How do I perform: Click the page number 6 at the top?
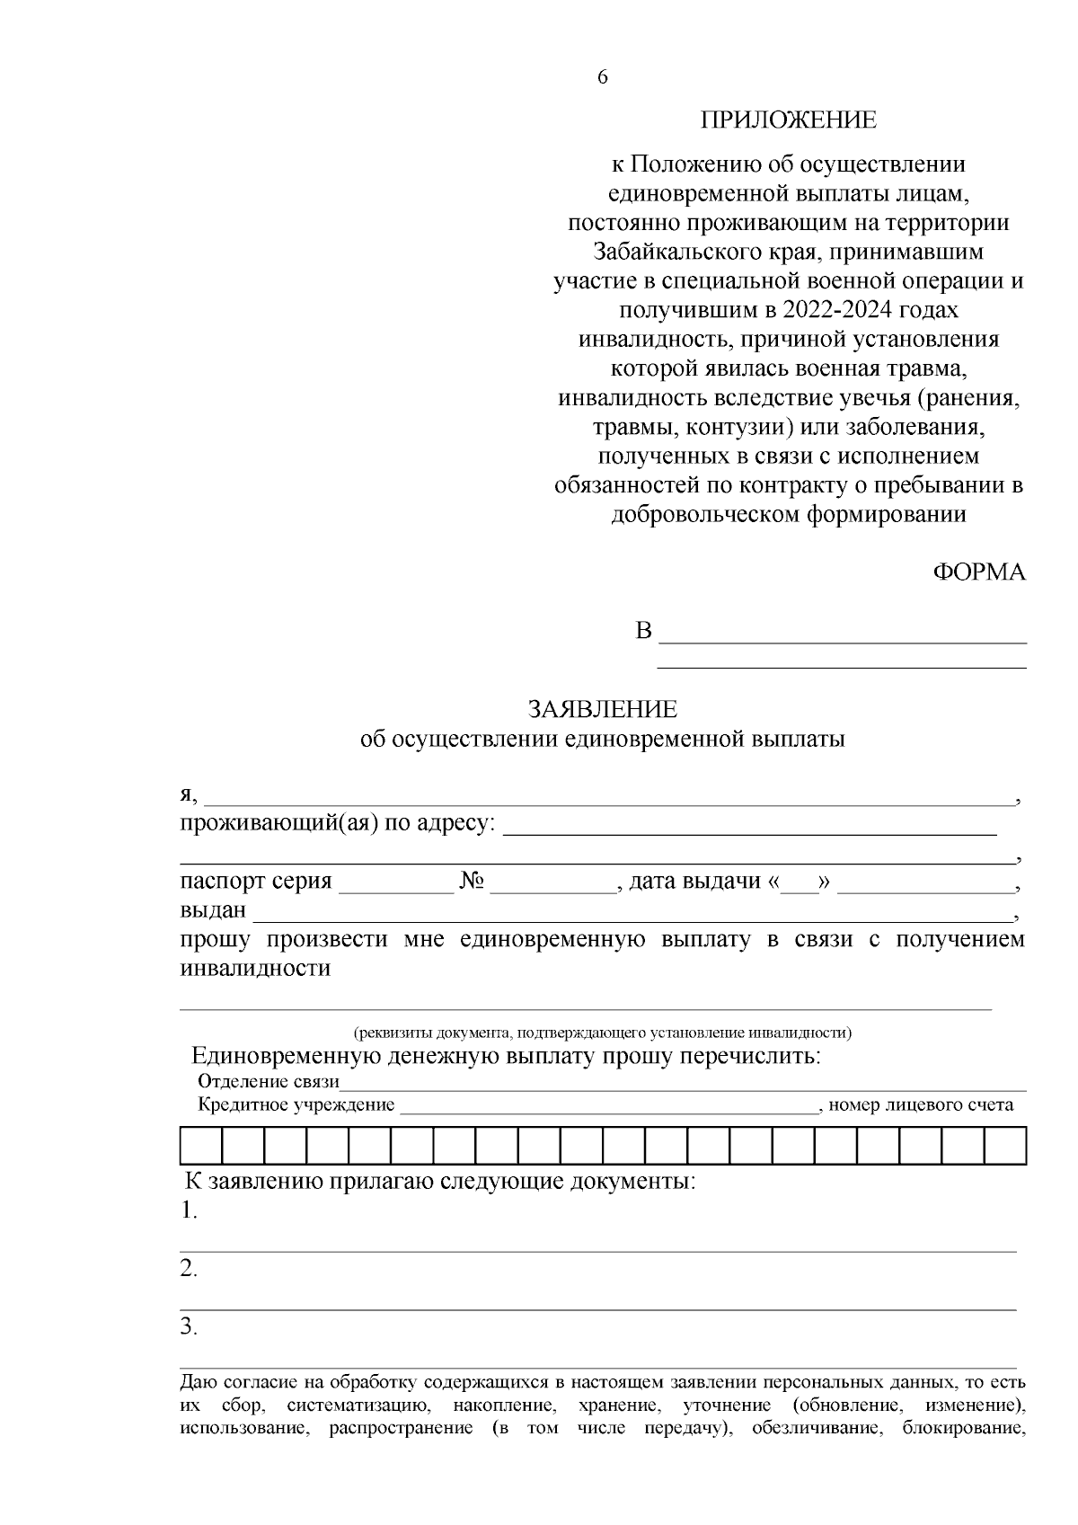tap(602, 78)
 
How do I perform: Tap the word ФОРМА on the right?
tap(979, 572)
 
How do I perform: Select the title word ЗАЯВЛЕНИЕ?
tap(602, 710)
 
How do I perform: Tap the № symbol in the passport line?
tap(472, 882)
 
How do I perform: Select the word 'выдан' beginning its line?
tap(213, 910)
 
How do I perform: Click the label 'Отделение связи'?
tap(269, 1081)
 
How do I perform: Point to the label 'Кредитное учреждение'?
tap(296, 1104)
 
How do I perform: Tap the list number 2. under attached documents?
tap(189, 1269)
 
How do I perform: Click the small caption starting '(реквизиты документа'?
tap(602, 1033)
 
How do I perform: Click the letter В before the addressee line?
tap(643, 631)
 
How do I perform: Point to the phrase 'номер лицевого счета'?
tap(921, 1104)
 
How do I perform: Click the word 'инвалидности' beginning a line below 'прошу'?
tap(255, 968)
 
